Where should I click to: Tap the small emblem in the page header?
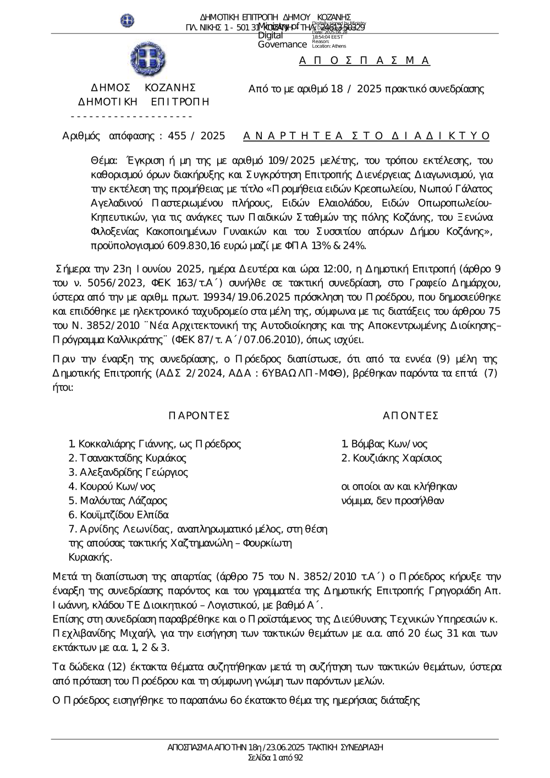(x=128, y=21)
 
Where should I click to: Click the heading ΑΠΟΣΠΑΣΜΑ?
(x=365, y=61)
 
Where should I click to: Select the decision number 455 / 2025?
(x=196, y=136)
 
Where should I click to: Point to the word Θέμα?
(x=104, y=161)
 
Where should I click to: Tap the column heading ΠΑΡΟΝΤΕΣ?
(x=199, y=415)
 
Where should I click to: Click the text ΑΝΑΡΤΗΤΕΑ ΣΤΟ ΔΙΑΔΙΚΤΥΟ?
(x=366, y=136)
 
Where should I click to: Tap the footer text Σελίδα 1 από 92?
(x=275, y=758)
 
